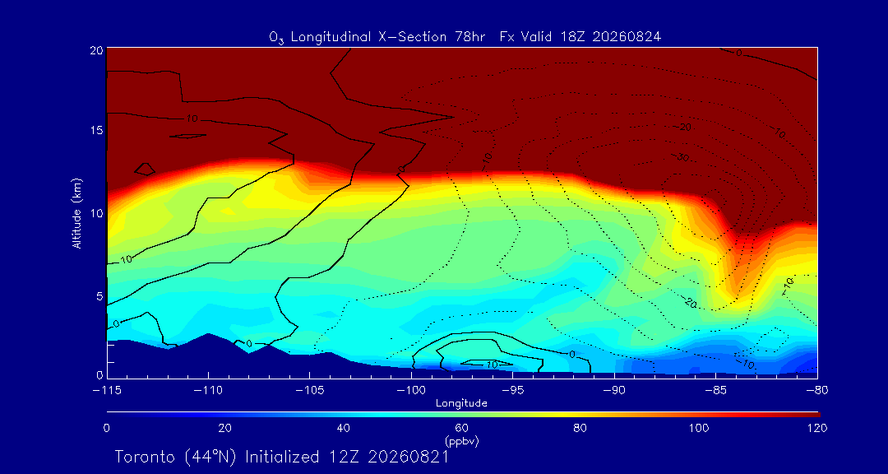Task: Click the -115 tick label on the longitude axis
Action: click(x=106, y=391)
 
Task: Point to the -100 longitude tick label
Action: click(x=411, y=391)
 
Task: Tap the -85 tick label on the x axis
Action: click(x=715, y=391)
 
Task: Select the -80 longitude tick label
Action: click(x=816, y=391)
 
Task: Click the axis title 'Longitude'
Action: click(x=461, y=404)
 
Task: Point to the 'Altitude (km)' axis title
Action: click(x=76, y=213)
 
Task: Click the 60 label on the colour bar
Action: click(x=461, y=428)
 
